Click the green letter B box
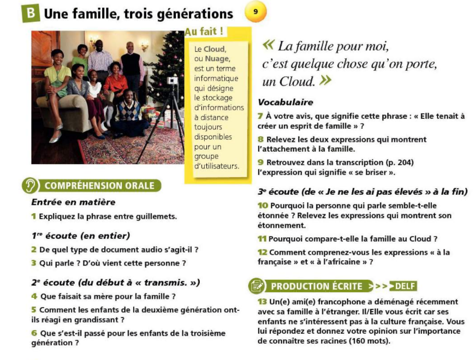point(31,14)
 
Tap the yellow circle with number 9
point(256,11)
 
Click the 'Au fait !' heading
point(206,32)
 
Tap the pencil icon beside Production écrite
point(257,286)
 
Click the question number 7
point(260,116)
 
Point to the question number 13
point(262,302)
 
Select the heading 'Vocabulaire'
point(285,103)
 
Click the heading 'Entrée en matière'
point(73,202)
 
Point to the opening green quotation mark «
point(269,46)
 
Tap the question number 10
point(262,206)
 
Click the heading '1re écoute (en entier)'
point(80,236)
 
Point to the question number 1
point(34,217)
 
